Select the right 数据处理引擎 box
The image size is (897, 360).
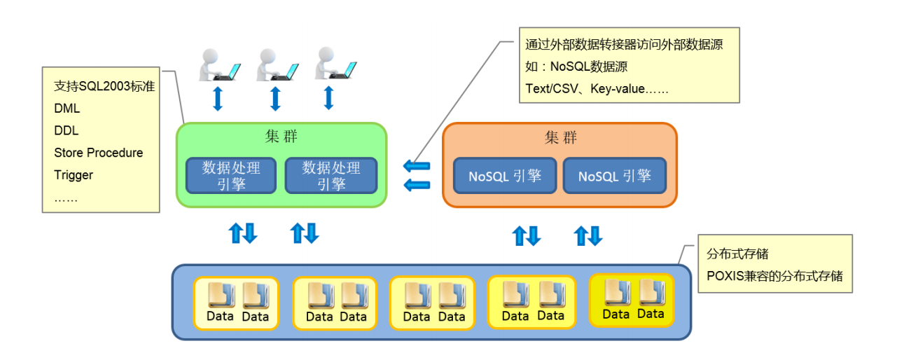coord(331,175)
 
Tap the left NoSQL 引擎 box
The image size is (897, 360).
coord(505,176)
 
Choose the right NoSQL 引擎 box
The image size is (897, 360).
coord(614,176)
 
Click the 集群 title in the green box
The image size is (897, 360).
coord(281,136)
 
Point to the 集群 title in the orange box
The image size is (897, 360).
coord(560,137)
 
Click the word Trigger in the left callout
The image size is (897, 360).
coord(74,175)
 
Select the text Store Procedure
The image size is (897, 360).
coord(98,153)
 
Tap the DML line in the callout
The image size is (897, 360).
coord(67,109)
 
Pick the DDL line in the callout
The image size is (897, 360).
coord(67,131)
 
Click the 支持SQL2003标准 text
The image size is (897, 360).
coord(104,86)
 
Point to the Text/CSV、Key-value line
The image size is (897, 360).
coord(597,89)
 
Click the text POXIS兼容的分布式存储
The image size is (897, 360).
coord(774,276)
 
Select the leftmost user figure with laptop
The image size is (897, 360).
coord(218,65)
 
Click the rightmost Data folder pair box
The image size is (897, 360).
coord(632,300)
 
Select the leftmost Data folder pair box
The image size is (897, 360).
coord(237,303)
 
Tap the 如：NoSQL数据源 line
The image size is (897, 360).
coord(576,67)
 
